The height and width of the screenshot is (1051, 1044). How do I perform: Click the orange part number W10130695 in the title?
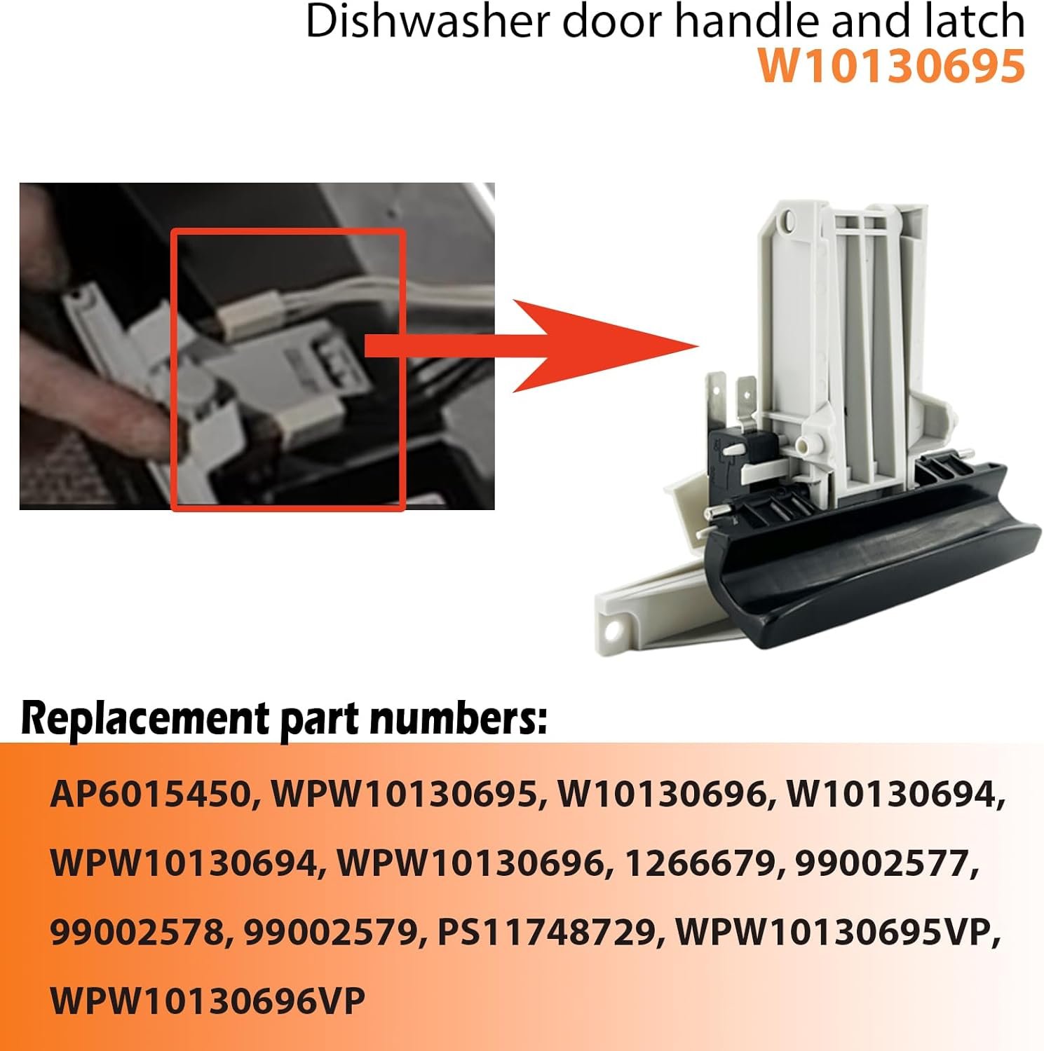click(891, 67)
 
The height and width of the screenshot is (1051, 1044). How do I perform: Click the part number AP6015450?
click(150, 795)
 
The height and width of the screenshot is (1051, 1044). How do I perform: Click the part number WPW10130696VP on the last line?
click(208, 1001)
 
